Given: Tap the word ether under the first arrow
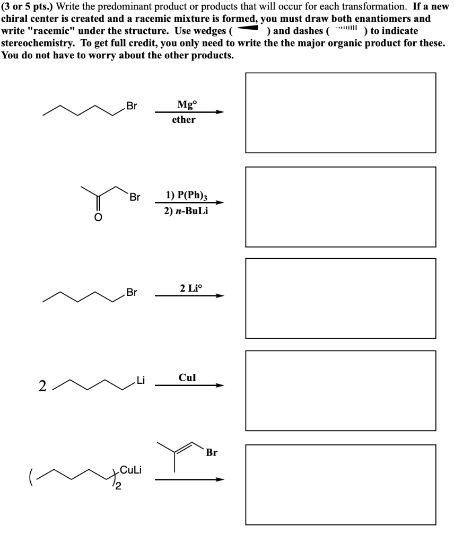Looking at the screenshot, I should [184, 120].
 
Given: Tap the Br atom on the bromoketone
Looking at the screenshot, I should [135, 198].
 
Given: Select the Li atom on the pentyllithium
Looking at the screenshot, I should [140, 380].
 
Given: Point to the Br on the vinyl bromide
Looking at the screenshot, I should [212, 453].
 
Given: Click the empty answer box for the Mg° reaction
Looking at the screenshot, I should [340, 113].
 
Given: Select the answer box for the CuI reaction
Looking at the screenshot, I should [340, 390].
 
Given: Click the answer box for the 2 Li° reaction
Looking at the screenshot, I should [340, 298].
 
